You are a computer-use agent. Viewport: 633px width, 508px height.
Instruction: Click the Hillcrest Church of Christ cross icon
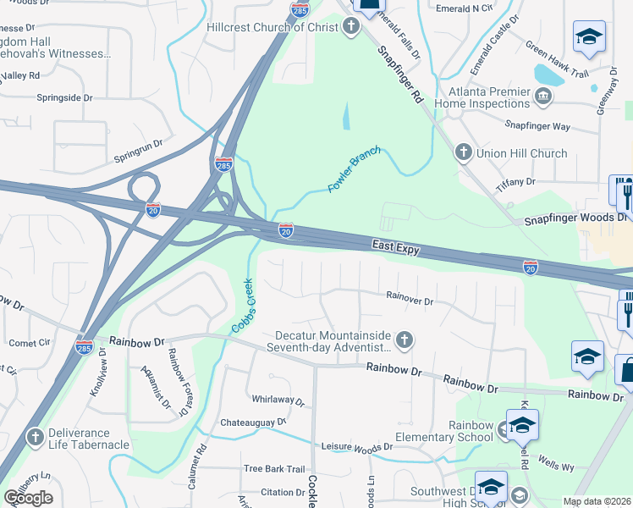[351, 27]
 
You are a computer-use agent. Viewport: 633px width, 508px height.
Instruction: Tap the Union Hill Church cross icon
[463, 153]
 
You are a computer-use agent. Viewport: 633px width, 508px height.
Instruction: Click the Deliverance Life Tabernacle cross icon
[35, 438]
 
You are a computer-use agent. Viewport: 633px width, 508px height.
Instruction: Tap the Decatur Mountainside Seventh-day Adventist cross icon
[405, 340]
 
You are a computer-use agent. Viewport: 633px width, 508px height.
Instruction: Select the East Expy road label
[397, 245]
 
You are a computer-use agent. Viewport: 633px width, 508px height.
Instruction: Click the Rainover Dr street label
[410, 300]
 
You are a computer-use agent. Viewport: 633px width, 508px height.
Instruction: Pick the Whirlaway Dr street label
[278, 399]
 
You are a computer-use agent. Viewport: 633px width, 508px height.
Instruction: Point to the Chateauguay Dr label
[254, 422]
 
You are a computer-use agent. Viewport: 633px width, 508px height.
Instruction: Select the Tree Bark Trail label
[273, 469]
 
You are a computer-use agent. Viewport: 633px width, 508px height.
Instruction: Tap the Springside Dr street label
[64, 97]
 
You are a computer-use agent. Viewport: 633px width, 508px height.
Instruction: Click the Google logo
[28, 498]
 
